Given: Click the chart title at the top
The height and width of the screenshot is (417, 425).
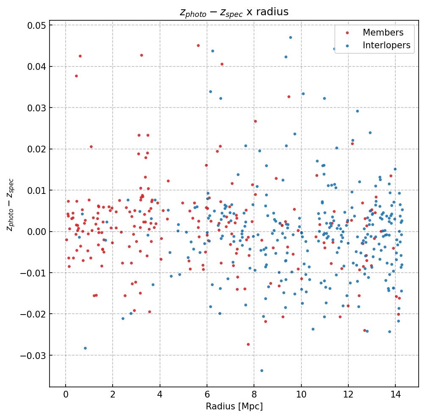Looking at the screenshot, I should [234, 12].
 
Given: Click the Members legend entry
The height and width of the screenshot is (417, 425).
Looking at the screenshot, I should [383, 33].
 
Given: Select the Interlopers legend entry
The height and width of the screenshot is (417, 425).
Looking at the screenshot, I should [386, 45].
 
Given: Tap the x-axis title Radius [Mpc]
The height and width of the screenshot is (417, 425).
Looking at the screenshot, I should [234, 406].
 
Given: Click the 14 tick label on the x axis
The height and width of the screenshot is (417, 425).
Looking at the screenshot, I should [395, 395].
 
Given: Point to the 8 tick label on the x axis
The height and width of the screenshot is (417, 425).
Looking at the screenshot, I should [254, 395].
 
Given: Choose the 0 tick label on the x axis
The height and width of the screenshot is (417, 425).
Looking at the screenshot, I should [66, 395].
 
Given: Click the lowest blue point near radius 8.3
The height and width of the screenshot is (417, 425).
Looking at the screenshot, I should [262, 370].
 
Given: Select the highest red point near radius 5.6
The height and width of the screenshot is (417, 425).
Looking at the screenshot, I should [198, 45].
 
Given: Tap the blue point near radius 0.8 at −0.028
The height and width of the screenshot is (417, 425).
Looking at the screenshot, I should [85, 348].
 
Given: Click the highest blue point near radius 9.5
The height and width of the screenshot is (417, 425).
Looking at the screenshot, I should [290, 37].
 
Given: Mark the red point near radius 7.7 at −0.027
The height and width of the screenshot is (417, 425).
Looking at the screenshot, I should [248, 344].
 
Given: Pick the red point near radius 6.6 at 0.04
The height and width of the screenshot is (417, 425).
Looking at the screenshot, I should [222, 64].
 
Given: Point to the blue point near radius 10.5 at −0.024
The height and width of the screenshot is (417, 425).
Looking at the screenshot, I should [313, 329].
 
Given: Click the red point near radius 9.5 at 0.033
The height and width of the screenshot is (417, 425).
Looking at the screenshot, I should [289, 97].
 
